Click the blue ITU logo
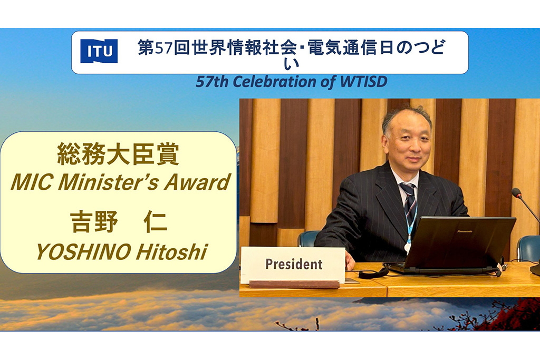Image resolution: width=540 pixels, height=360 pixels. point(99,51)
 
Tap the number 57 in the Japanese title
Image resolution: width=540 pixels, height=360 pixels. point(163,48)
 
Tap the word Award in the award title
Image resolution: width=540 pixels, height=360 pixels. point(197,182)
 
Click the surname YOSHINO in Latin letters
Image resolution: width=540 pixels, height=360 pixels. point(83,252)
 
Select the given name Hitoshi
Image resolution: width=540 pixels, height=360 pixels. point(171,252)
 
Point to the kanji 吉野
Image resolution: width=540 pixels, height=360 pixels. point(94,222)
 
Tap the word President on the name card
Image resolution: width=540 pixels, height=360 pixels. point(294,264)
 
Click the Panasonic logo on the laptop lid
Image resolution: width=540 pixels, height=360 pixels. point(465,231)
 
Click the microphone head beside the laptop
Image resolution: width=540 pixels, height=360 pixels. point(516,193)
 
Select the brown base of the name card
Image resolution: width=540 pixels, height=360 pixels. point(294,285)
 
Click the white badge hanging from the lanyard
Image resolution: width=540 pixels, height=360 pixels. point(408,247)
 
